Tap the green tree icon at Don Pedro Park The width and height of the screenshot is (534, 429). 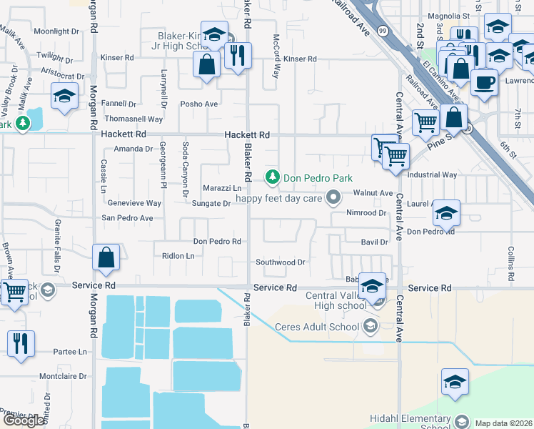(x=272, y=177)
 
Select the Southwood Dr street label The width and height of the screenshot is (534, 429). (x=281, y=262)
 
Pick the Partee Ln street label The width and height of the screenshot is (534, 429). (x=70, y=352)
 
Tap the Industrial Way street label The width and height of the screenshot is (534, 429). (x=431, y=174)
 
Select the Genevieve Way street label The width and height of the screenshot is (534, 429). (x=134, y=203)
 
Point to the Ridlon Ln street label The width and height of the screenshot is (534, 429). (x=178, y=255)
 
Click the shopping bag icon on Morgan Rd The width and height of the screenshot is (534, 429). (x=106, y=258)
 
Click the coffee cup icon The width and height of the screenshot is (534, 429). (x=483, y=82)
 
